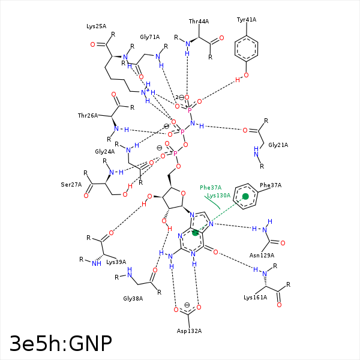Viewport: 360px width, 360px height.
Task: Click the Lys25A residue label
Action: pyautogui.click(x=96, y=26)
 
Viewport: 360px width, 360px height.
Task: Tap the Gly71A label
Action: pyautogui.click(x=149, y=37)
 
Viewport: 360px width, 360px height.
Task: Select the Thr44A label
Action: pyautogui.click(x=199, y=22)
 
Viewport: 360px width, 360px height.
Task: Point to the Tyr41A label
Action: pyautogui.click(x=246, y=20)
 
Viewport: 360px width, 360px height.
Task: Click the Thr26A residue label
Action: pyautogui.click(x=88, y=115)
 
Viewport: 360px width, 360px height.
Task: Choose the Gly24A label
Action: pyautogui.click(x=104, y=152)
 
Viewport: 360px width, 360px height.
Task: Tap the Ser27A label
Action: pyautogui.click(x=71, y=184)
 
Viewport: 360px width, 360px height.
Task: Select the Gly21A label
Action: pyautogui.click(x=278, y=145)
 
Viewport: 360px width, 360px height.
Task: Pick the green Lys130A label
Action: pyautogui.click(x=218, y=196)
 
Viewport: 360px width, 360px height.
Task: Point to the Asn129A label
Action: pyautogui.click(x=261, y=255)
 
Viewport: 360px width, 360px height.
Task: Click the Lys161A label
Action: pyautogui.click(x=255, y=297)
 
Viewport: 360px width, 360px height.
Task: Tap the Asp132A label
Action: pyautogui.click(x=189, y=331)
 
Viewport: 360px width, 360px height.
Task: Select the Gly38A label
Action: pyautogui.click(x=133, y=298)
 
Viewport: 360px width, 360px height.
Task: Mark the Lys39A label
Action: pyautogui.click(x=116, y=262)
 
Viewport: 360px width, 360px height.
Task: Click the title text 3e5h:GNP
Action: pyautogui.click(x=61, y=343)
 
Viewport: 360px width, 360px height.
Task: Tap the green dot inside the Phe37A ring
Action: pyautogui.click(x=245, y=196)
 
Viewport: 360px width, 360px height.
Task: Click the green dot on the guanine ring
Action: pyautogui.click(x=195, y=233)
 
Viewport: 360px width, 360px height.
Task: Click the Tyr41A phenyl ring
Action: pyautogui.click(x=247, y=48)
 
